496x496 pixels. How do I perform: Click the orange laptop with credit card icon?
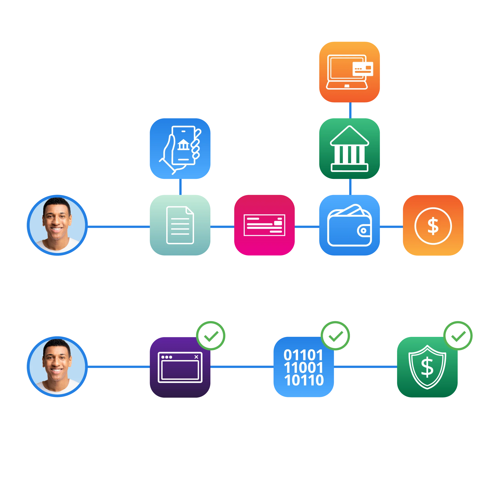349,72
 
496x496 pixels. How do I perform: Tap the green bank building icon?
349,149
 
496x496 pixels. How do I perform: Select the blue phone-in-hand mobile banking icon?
180,149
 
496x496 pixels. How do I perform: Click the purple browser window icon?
180,367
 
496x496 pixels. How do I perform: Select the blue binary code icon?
303,367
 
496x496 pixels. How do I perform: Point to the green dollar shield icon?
427,367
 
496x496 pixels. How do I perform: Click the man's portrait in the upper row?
57,225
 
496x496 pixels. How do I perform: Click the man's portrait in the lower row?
57,367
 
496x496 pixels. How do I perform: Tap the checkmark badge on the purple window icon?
211,335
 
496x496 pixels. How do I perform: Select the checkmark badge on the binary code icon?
335,335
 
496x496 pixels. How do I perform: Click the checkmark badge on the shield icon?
458,335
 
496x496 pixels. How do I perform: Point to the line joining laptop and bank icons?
351,110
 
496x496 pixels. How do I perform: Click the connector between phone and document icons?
180,187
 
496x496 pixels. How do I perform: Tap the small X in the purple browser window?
196,357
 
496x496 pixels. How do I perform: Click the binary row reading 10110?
304,380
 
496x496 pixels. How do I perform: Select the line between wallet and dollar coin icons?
391,226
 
